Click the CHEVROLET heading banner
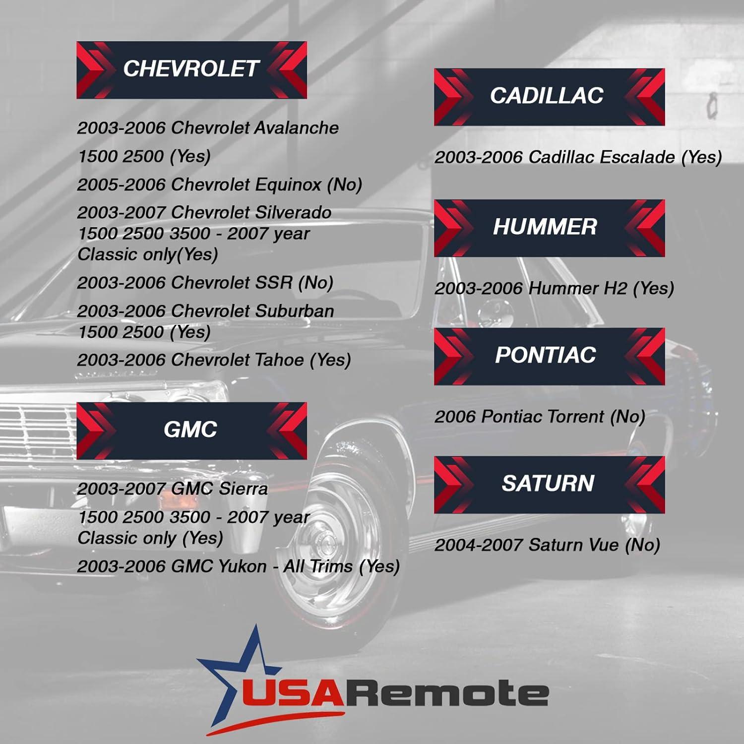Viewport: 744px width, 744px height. tap(191, 69)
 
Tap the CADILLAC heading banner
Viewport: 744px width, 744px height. tap(549, 97)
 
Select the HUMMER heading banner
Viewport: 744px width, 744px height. tap(549, 228)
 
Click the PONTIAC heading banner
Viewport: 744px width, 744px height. tap(549, 356)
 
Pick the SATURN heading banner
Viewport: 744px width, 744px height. tap(549, 484)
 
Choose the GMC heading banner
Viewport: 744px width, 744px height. tap(191, 430)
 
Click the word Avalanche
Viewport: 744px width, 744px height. tap(296, 128)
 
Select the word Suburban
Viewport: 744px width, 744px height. tap(294, 311)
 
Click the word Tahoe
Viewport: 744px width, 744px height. tap(279, 360)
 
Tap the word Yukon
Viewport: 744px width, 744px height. tap(243, 566)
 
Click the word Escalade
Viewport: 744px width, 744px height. tap(637, 157)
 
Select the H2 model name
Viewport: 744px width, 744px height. tap(615, 288)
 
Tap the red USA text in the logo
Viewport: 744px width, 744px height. tap(293, 693)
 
